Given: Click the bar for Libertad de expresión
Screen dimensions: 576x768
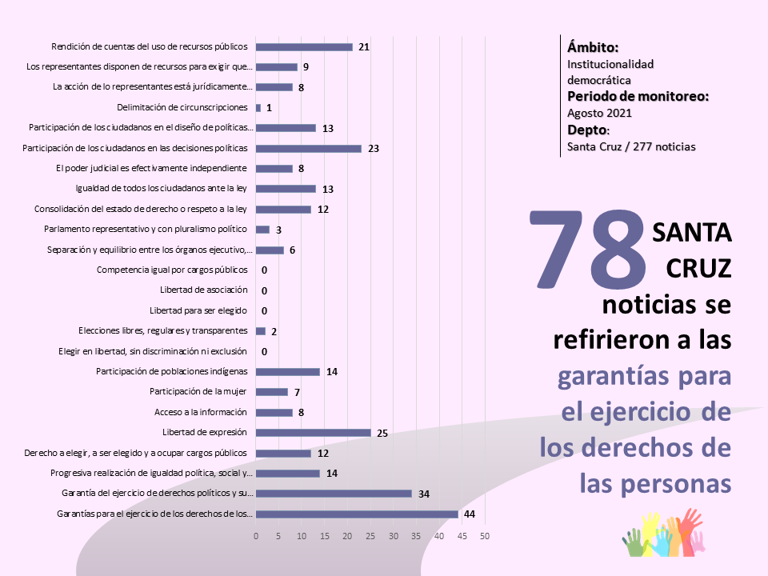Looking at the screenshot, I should point(314,433).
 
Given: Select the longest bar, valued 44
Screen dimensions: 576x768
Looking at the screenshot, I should point(357,514).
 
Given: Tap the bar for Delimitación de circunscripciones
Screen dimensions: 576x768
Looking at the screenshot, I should point(258,107).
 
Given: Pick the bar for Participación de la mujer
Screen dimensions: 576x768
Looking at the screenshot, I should point(272,392).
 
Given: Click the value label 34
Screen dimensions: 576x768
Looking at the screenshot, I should point(425,494).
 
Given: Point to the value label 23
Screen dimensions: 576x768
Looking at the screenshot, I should point(374,148).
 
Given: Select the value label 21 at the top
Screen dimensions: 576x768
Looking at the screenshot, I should point(364,47).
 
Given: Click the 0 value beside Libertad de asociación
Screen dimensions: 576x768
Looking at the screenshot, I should point(264,290).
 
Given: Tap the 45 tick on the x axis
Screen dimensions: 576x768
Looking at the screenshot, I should point(462,535).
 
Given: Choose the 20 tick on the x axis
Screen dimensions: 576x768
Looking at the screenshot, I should point(347,535).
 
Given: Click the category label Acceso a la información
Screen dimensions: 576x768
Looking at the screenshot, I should point(201,412).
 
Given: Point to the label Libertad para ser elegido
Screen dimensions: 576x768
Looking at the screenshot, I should point(198,310).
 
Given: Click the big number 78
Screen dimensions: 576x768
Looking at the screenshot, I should point(590,250).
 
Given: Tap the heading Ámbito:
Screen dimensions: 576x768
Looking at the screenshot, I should point(593,46).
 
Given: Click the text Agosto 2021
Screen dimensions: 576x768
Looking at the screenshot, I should point(599,113).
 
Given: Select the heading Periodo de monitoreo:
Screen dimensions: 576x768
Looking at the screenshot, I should point(638,97).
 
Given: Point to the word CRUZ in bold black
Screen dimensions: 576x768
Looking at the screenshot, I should point(696,269).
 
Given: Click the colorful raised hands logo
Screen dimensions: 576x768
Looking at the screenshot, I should point(664,534).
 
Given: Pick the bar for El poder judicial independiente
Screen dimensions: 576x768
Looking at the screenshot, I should point(274,168).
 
